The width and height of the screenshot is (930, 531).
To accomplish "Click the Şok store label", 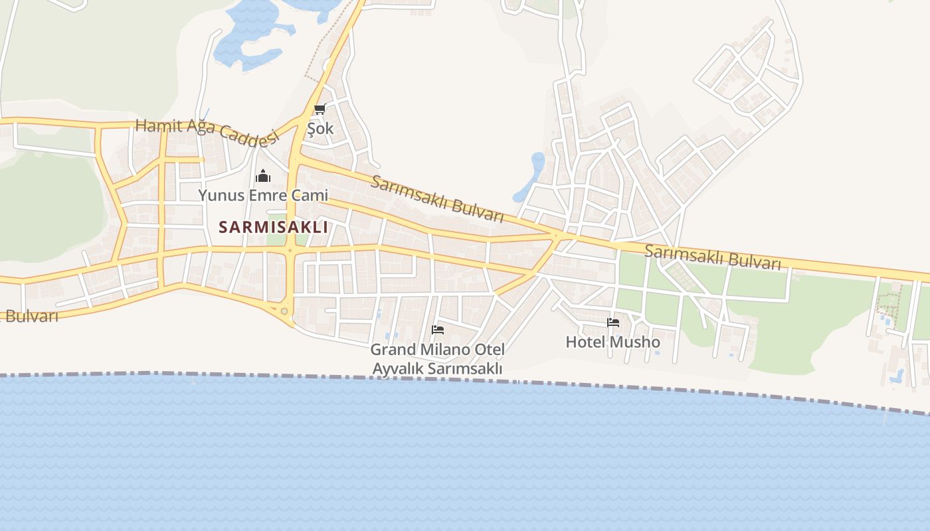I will click(x=320, y=128).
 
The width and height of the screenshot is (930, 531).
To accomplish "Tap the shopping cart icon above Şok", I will click(x=320, y=109).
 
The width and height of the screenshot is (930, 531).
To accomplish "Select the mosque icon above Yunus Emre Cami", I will click(x=263, y=176).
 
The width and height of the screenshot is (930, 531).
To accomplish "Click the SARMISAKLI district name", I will click(x=273, y=227).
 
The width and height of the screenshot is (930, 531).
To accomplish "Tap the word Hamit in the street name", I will click(x=158, y=125).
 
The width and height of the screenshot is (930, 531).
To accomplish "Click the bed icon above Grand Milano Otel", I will click(x=438, y=329).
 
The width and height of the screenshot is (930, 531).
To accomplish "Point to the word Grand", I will click(x=393, y=349).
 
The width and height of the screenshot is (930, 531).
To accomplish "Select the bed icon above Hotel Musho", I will click(x=613, y=323).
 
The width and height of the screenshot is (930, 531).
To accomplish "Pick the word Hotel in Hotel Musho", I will click(x=585, y=342).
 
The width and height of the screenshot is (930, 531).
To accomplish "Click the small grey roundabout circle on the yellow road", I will click(x=284, y=311).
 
